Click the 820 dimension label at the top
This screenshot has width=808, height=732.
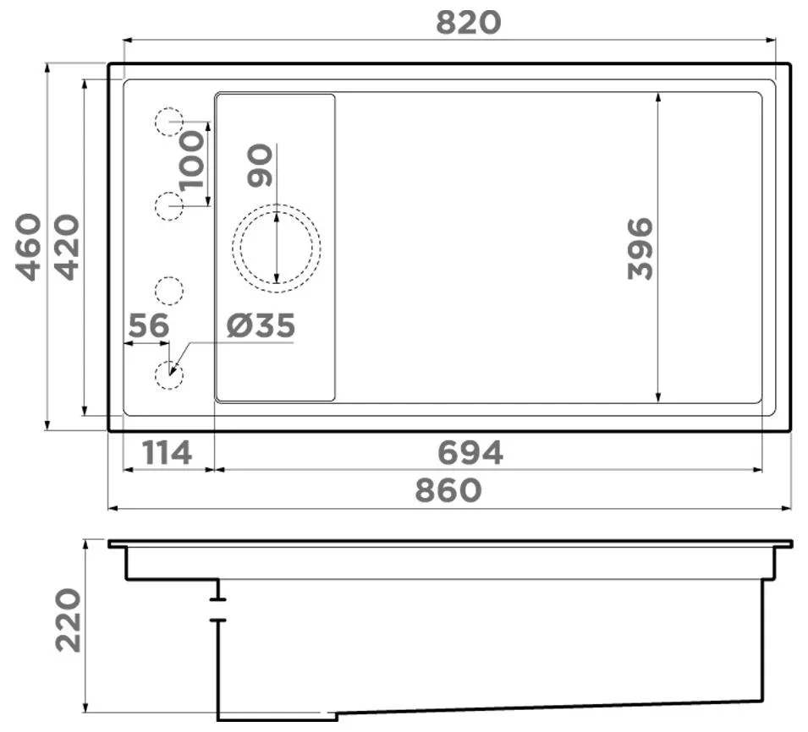pyautogui.click(x=469, y=23)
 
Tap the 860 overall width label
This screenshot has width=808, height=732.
pyautogui.click(x=448, y=490)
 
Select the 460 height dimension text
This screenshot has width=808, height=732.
pyautogui.click(x=28, y=247)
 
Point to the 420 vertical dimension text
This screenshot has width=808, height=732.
pyautogui.click(x=68, y=247)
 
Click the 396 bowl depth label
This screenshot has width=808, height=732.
pyautogui.click(x=640, y=249)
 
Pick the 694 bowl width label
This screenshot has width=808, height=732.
pyautogui.click(x=470, y=453)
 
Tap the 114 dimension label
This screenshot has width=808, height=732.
pyautogui.click(x=167, y=453)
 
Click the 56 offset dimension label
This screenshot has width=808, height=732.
pyautogui.click(x=148, y=325)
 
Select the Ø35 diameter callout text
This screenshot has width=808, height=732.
pyautogui.click(x=261, y=325)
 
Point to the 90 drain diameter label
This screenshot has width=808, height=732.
pyautogui.click(x=260, y=165)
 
